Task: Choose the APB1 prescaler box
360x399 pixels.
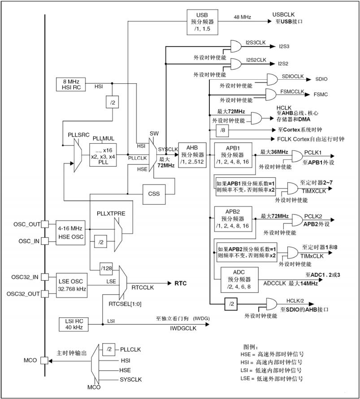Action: click(x=233, y=154)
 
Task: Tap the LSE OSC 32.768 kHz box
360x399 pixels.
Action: click(x=71, y=285)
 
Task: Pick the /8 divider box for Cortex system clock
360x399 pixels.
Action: click(x=223, y=130)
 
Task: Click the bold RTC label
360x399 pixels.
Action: click(x=180, y=283)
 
